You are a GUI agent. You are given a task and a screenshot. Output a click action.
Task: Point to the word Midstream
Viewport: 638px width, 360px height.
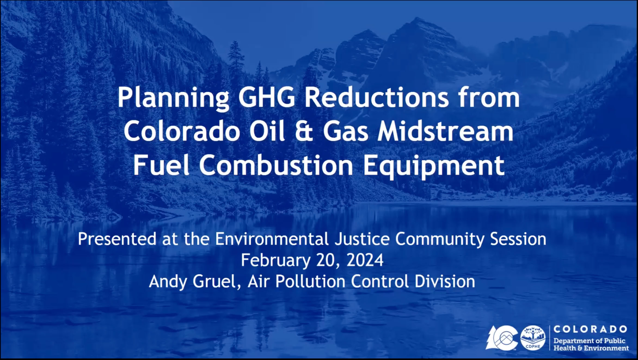click(446, 131)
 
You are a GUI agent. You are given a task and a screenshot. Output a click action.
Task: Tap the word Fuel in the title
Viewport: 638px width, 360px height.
click(161, 165)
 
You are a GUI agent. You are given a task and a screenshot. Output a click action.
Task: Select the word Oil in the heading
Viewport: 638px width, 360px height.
click(267, 131)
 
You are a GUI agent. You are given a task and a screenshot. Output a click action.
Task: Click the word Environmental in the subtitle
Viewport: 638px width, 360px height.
click(272, 239)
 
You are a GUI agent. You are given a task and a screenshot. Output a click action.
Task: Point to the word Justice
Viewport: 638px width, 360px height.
click(362, 239)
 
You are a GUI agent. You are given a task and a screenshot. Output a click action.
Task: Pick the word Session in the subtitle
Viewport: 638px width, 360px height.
click(518, 239)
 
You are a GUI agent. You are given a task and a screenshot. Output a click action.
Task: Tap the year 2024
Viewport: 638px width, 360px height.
click(365, 260)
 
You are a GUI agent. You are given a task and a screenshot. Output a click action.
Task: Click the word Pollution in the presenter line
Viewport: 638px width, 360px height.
click(310, 281)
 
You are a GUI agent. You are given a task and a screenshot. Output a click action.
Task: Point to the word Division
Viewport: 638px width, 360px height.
click(445, 281)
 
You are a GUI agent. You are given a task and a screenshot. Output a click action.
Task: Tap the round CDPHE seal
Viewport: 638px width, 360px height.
click(533, 338)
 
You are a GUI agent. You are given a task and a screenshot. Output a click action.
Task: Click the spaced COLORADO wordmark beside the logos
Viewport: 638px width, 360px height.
click(590, 329)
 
